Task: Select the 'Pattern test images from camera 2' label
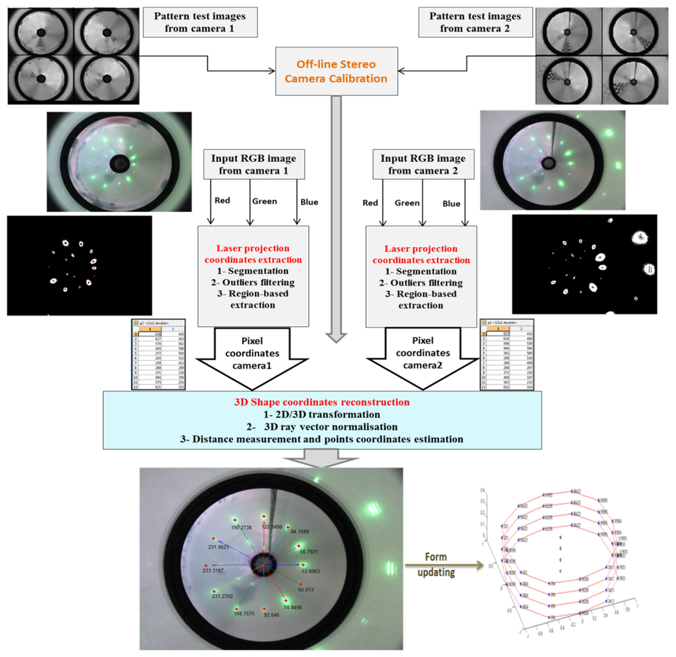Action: (x=470, y=22)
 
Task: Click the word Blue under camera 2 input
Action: (x=452, y=203)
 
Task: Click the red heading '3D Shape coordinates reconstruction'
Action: (x=323, y=402)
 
